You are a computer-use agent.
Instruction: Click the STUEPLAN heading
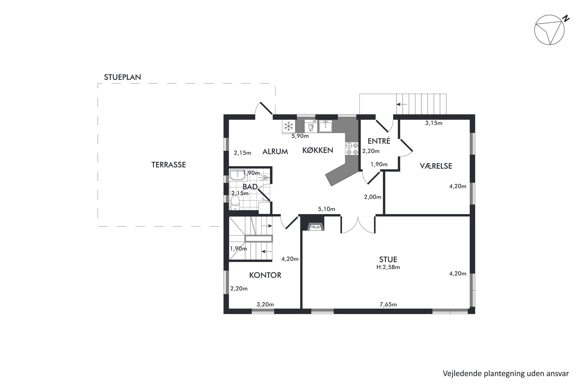pos(122,77)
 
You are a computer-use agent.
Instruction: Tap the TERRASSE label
pos(169,165)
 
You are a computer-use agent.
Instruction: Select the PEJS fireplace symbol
pos(315,226)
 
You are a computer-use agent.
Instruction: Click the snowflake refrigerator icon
pos(289,127)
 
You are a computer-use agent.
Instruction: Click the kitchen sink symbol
pos(325,126)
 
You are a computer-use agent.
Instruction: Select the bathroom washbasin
pos(237,175)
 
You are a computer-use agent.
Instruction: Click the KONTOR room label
pos(265,275)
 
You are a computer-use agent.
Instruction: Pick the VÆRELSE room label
pos(436,166)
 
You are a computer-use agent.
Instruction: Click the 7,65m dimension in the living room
pos(388,305)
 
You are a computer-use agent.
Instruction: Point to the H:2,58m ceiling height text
pos(388,267)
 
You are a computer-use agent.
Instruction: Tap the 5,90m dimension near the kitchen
pos(300,136)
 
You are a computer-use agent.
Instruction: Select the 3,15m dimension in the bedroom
pos(434,123)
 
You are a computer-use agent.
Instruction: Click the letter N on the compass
pos(567,18)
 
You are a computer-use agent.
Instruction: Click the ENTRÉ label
pos(379,141)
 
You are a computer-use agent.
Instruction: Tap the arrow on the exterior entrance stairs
pos(402,104)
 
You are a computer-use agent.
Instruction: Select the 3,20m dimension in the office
pos(265,305)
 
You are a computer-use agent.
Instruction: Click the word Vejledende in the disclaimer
pos(459,374)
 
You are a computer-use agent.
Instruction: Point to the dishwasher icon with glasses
pos(311,126)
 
